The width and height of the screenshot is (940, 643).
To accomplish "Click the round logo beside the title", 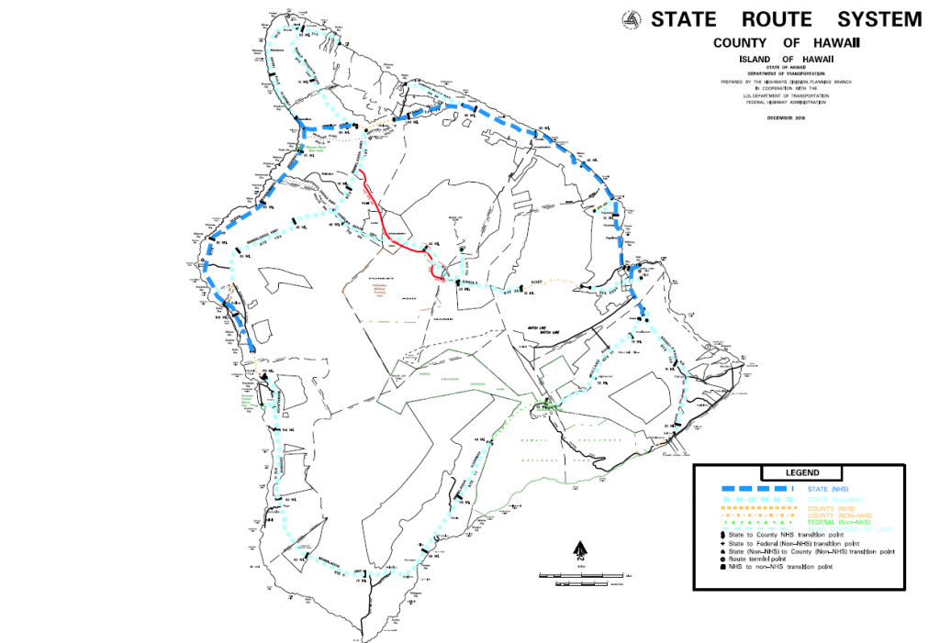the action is [632, 19].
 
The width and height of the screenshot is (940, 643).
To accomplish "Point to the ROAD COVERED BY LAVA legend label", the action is [840, 529].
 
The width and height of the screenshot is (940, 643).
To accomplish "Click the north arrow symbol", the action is [578, 549].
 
